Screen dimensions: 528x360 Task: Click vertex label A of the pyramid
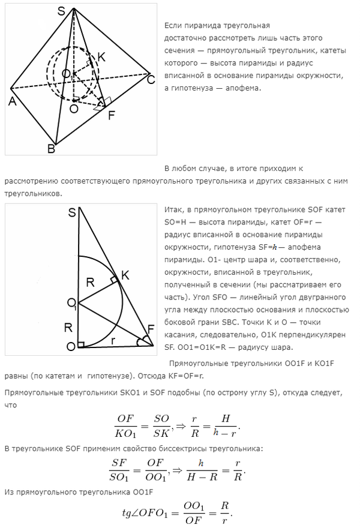coord(11,101)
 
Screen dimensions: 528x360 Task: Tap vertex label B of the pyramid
coord(52,148)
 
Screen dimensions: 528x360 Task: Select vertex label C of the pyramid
coord(151,79)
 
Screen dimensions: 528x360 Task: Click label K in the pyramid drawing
coord(101,57)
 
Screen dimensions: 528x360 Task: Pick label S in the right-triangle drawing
coord(71,212)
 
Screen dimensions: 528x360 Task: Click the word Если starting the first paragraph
coord(172,26)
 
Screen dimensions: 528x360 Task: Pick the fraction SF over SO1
coord(124,470)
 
